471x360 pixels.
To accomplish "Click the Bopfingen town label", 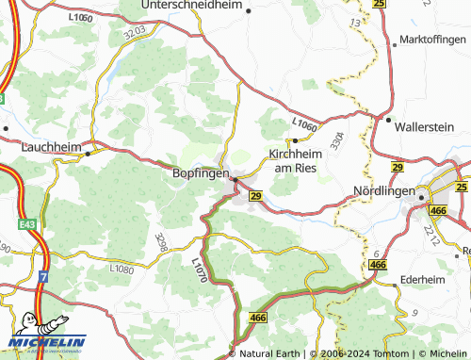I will coord(200,174).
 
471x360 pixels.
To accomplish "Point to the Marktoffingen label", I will coord(432,40).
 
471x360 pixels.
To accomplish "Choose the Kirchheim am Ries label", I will coord(299,160).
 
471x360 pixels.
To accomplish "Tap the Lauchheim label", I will coord(51,147).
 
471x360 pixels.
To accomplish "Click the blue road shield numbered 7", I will coord(43,277).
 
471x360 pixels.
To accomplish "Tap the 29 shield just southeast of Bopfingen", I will coord(255,196).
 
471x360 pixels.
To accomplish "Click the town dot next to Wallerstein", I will coord(388,119).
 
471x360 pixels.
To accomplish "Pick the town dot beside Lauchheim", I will coord(89,153).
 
